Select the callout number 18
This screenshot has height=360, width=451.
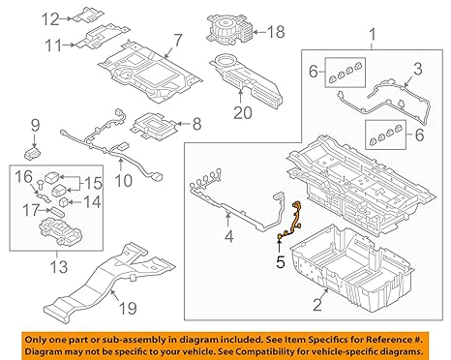278,32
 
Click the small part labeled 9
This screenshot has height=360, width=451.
37,152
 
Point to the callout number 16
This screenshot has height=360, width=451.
24,174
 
